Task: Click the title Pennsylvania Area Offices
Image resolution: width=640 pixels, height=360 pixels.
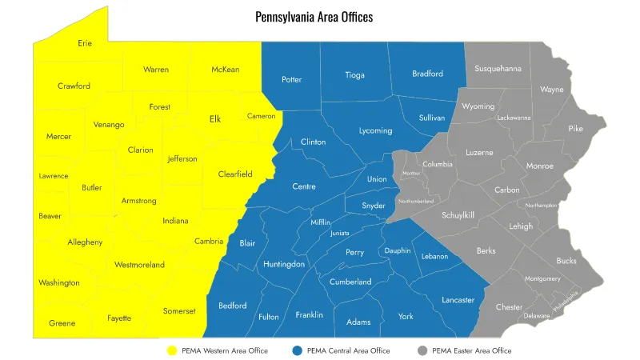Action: (314, 17)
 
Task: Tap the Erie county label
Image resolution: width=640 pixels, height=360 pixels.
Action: (85, 43)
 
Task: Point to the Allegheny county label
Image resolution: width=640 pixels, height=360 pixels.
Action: (85, 242)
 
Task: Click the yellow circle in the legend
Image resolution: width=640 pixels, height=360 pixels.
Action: (171, 350)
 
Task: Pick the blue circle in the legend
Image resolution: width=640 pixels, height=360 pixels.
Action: (298, 350)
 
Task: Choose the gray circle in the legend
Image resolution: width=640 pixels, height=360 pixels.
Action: (422, 350)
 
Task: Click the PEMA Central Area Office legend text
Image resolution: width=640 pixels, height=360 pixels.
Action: (349, 350)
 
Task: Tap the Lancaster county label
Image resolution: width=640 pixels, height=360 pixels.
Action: (458, 300)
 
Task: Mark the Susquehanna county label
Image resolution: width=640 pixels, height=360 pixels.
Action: (498, 69)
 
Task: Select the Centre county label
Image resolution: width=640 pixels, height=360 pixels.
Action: (303, 186)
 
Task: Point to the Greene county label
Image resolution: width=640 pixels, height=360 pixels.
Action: (62, 323)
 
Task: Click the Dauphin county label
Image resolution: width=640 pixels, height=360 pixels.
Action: (398, 250)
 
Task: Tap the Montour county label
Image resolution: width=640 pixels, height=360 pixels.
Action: (411, 173)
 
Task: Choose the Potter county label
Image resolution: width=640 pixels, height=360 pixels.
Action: (292, 79)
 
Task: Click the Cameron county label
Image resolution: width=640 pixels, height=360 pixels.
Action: (261, 116)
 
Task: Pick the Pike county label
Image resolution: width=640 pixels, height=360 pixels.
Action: (576, 128)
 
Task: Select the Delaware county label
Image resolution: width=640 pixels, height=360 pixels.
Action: (537, 315)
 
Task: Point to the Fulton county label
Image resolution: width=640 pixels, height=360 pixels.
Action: (269, 317)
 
